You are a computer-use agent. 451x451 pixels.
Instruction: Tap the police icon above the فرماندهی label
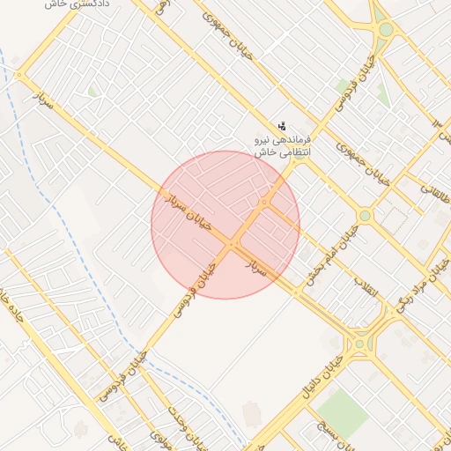point(282,126)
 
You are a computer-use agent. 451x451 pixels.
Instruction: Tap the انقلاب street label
point(365,287)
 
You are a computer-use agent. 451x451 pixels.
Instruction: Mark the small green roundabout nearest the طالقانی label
point(365,216)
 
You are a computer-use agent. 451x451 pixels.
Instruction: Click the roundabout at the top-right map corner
point(386,30)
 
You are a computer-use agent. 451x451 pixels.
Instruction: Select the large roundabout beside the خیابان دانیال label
point(359,345)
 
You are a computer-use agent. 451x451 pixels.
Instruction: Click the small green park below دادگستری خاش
point(93,91)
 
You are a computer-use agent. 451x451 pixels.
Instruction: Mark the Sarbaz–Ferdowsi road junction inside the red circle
point(233,243)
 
